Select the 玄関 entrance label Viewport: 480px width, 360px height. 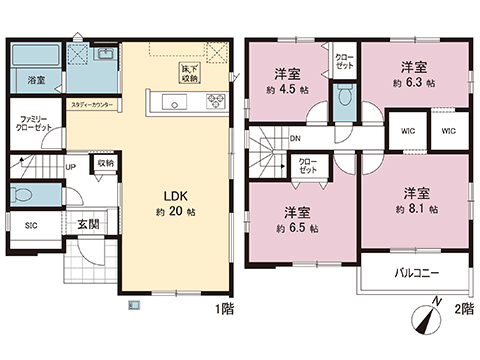(x=87, y=224)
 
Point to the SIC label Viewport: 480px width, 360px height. (x=31, y=225)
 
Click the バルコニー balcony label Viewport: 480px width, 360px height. (x=413, y=272)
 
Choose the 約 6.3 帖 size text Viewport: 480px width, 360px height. (x=416, y=84)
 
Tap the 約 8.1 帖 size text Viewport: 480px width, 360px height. (x=417, y=207)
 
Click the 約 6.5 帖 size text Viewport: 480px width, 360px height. (x=296, y=227)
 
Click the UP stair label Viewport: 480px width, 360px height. (x=70, y=167)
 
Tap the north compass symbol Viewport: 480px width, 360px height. (x=426, y=317)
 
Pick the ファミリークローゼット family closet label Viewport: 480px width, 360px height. (x=35, y=124)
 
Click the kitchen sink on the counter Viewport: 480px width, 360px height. (x=170, y=102)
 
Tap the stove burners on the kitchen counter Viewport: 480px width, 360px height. (x=216, y=100)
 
